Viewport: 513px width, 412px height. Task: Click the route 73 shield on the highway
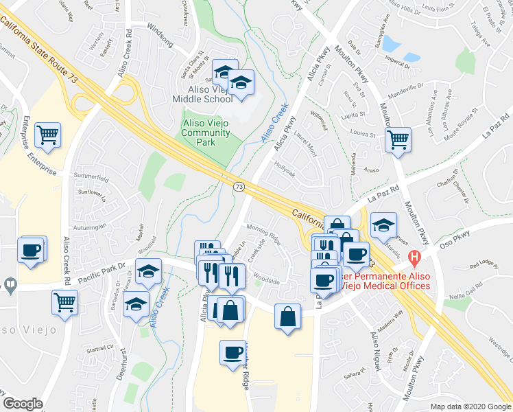coord(238,186)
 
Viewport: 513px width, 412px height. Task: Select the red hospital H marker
coord(414,259)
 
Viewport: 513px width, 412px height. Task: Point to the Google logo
coord(23,404)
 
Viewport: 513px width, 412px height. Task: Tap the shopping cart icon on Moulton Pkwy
coord(397,139)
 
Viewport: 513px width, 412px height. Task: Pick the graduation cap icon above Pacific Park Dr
coord(148,271)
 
